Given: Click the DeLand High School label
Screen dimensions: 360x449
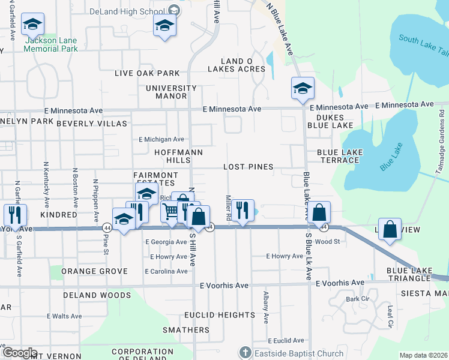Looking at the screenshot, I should pos(127,11).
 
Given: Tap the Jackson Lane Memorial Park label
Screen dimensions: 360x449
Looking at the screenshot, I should pos(50,44).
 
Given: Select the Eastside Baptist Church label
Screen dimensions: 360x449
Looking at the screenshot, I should pos(298,353).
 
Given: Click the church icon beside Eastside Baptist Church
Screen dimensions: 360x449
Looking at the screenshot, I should pos(244,353).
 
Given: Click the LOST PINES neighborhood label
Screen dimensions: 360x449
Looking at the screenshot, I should pos(248,167).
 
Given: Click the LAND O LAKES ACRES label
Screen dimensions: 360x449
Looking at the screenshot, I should pos(237,65).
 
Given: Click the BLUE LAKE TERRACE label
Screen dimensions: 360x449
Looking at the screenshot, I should pos(340,157).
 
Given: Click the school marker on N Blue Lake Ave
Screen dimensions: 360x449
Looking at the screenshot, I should pos(303,89).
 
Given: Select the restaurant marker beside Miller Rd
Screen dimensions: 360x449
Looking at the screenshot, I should pos(243,211).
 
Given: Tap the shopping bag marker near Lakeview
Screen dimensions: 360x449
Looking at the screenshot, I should pos(390,229).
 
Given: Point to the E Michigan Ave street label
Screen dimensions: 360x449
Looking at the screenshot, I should pos(161,139).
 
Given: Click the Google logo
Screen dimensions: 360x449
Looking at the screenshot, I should pos(20,353).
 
